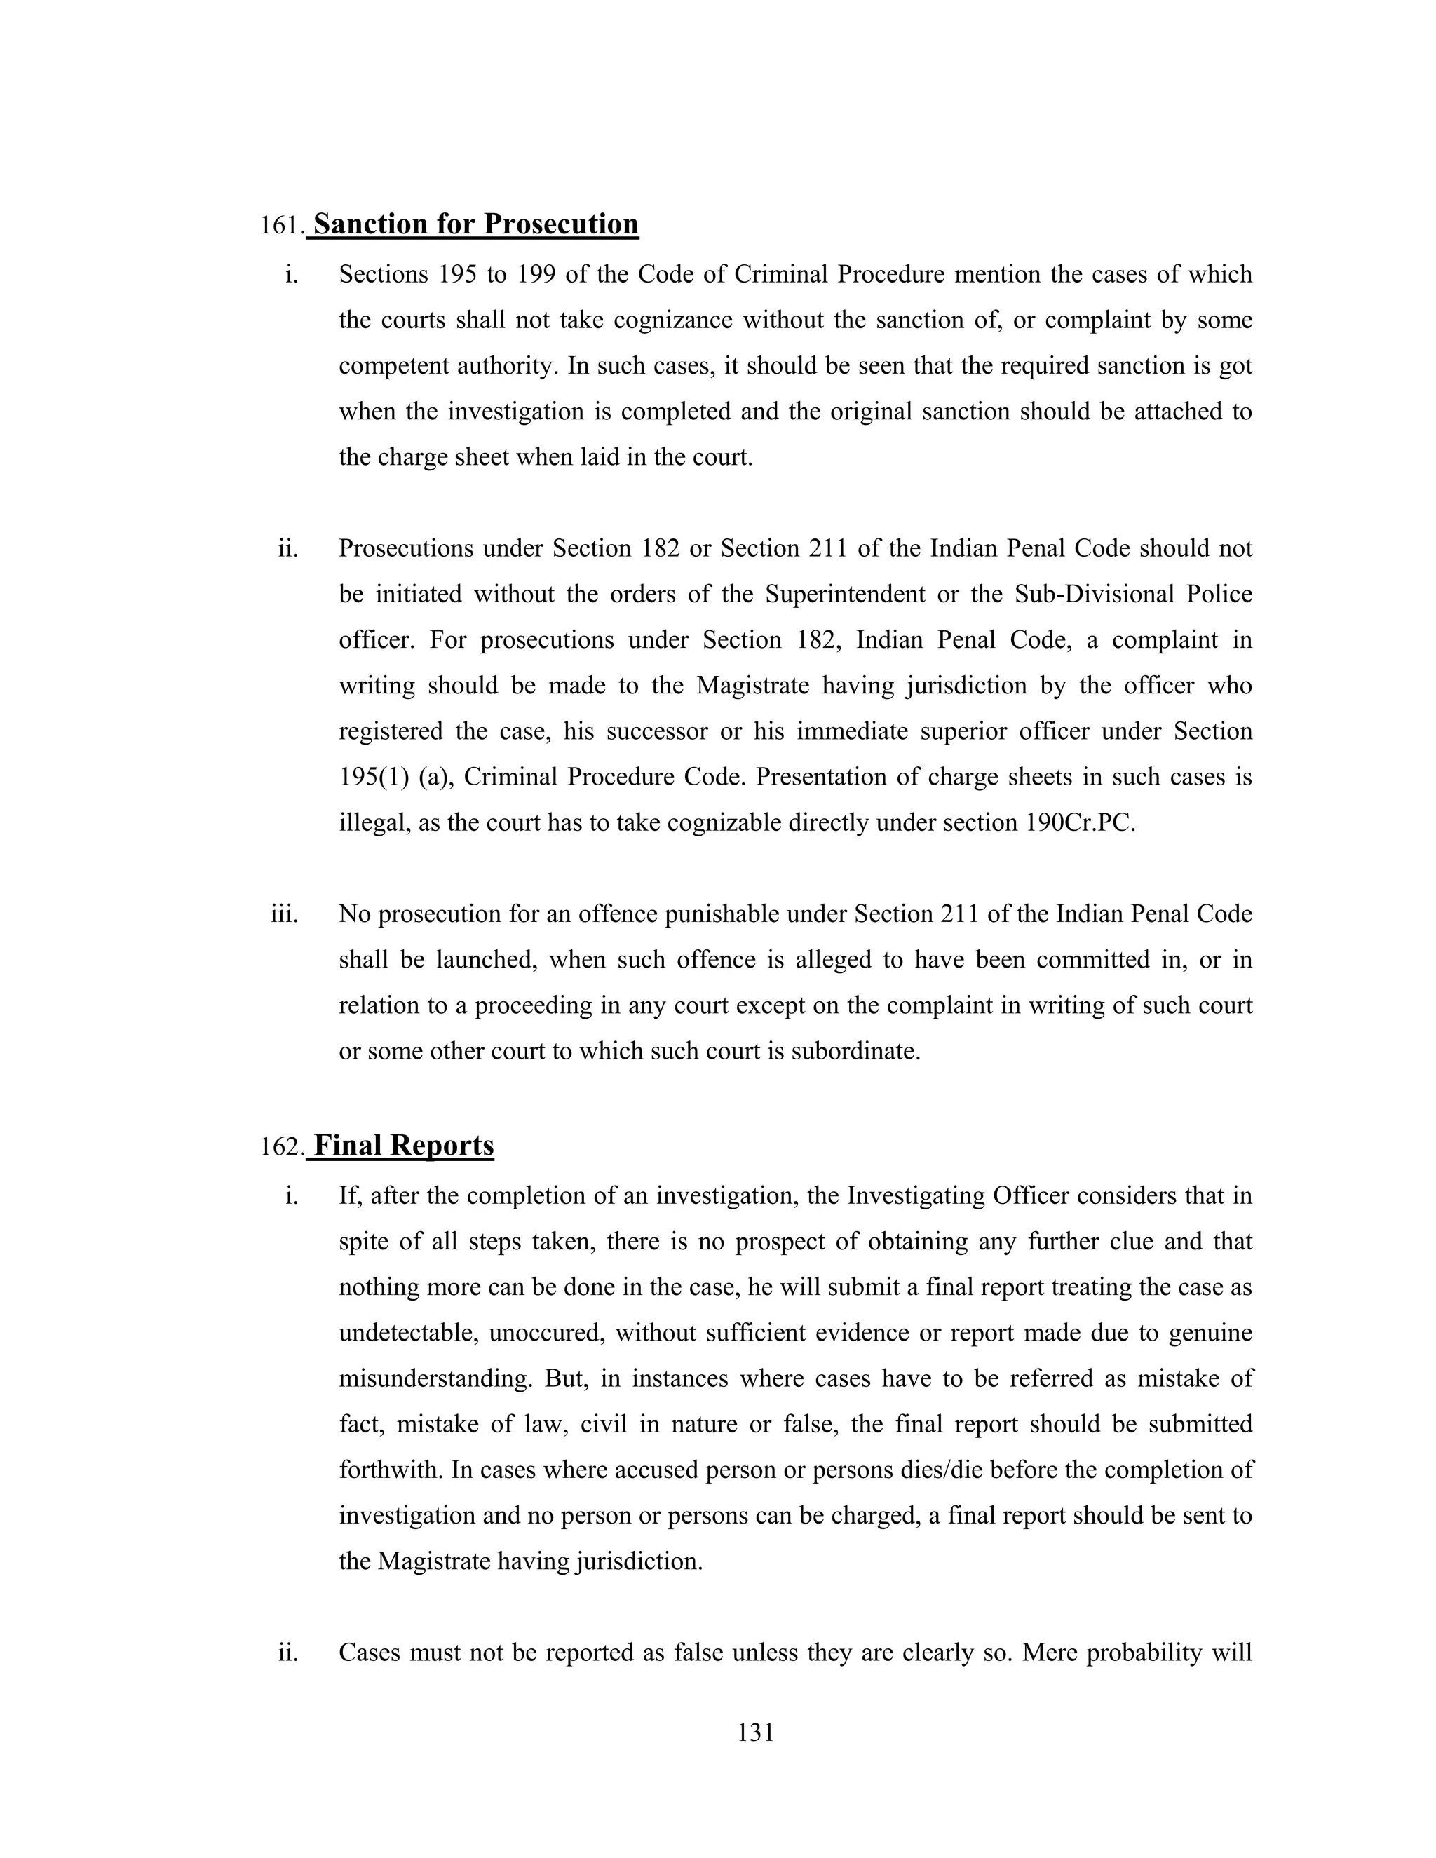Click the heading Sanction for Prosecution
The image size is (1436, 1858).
[475, 224]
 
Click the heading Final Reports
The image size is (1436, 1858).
[403, 1146]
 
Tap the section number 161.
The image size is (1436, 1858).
[282, 226]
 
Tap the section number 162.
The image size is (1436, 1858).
[282, 1148]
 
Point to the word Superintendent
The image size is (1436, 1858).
[845, 594]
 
